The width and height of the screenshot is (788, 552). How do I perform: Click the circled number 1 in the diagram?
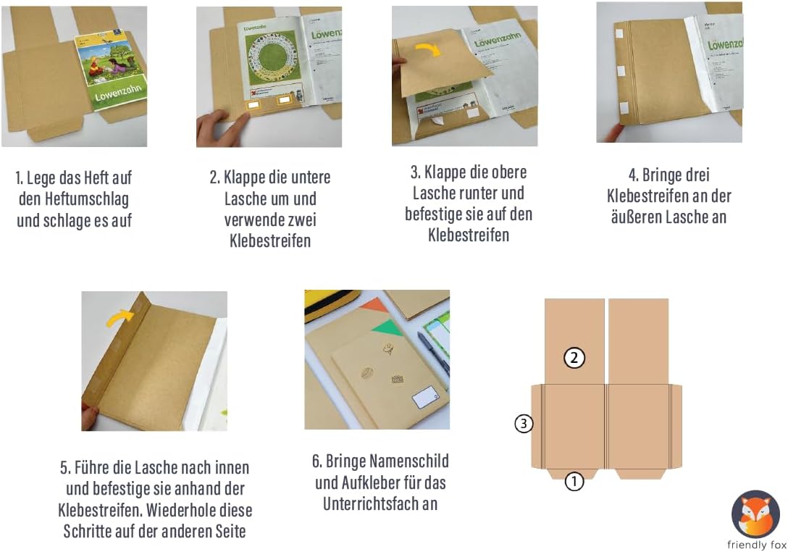(574, 481)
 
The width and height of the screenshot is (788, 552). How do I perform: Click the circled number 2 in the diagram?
(574, 358)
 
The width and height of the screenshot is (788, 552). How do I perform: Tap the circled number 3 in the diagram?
(524, 424)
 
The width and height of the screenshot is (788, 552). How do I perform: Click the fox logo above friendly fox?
(756, 514)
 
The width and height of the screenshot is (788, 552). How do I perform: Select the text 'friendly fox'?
(757, 545)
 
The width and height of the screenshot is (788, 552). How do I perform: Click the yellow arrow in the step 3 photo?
(427, 49)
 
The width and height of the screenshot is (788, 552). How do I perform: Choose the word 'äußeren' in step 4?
(635, 217)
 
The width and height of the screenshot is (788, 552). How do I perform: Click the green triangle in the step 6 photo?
(387, 327)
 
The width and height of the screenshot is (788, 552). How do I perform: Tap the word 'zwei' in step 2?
(298, 219)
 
